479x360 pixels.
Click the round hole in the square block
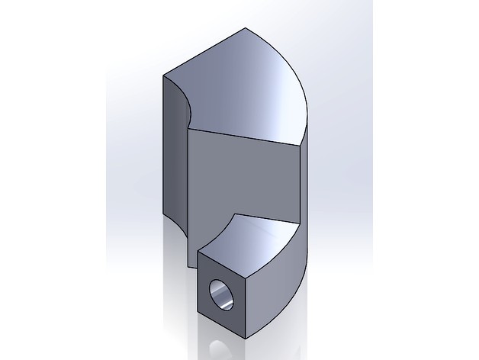click(223, 294)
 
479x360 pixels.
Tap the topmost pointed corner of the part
click(249, 29)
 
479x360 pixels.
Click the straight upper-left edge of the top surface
click(206, 53)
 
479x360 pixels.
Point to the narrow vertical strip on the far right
click(306, 198)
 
